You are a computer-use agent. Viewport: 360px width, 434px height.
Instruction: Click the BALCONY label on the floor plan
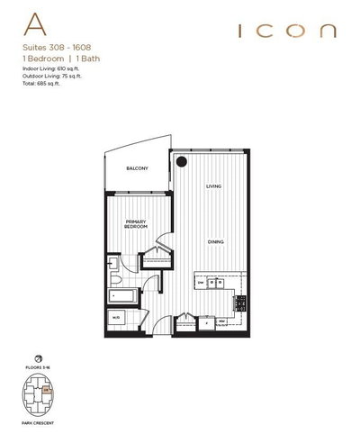pos(138,168)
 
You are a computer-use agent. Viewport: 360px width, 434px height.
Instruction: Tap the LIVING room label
pos(213,186)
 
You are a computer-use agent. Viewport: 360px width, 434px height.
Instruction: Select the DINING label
pos(214,241)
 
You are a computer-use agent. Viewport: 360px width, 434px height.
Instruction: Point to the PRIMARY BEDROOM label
pos(136,225)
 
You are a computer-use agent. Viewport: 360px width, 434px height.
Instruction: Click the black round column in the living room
pos(181,162)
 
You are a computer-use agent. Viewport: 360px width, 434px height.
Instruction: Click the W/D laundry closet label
pos(117,318)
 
